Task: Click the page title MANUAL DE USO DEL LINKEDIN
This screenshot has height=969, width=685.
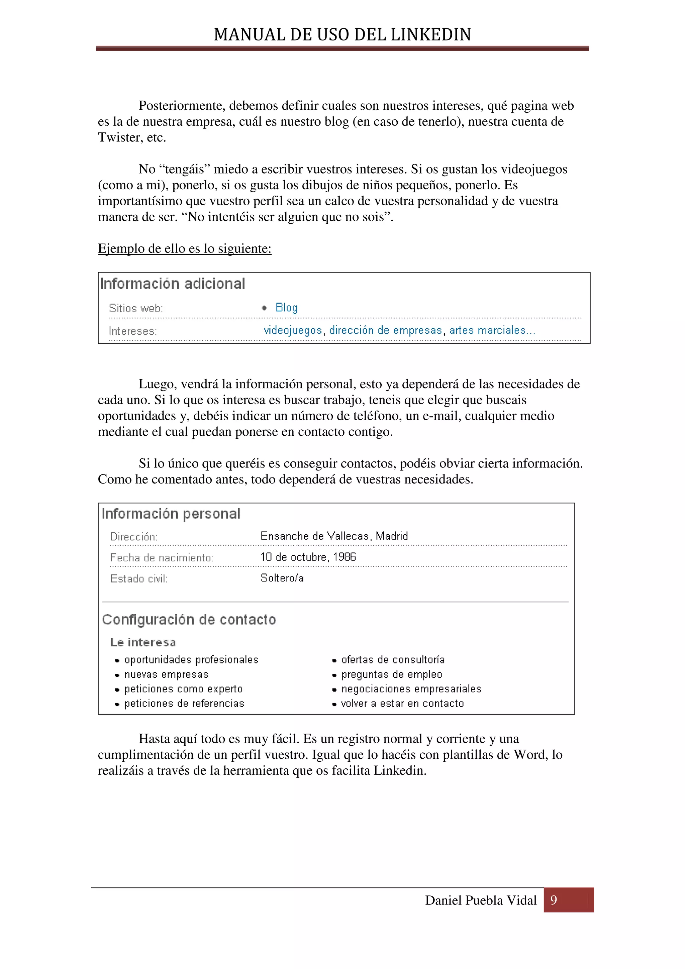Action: click(x=342, y=35)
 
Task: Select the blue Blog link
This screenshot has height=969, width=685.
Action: click(x=287, y=308)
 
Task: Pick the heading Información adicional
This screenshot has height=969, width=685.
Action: click(x=173, y=284)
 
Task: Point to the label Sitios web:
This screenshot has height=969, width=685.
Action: click(x=136, y=309)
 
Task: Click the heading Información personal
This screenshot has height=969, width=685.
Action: click(x=171, y=514)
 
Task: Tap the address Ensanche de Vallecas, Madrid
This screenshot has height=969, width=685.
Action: click(x=334, y=536)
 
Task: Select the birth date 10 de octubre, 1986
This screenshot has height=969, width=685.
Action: click(x=308, y=557)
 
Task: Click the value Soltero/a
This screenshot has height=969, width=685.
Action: click(x=282, y=578)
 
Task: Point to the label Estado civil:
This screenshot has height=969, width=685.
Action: click(x=139, y=578)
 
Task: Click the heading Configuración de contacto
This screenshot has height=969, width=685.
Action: click(x=189, y=620)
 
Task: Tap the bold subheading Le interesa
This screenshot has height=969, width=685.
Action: click(x=143, y=642)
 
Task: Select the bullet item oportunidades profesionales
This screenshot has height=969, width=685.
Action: click(x=191, y=660)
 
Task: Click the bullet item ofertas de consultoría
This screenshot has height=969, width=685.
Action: click(x=393, y=660)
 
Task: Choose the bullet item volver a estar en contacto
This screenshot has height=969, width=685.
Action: click(x=402, y=704)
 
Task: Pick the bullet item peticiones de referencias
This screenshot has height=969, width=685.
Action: click(x=184, y=704)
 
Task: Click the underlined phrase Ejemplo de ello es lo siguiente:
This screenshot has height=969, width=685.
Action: click(x=184, y=248)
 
